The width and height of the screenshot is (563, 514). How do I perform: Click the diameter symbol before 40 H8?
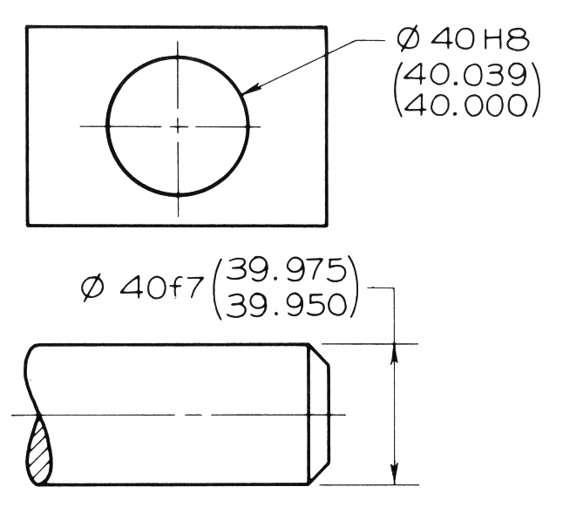coord(407,40)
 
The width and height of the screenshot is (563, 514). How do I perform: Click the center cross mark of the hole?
coord(178,126)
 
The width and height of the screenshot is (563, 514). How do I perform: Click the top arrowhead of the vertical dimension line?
coord(397,349)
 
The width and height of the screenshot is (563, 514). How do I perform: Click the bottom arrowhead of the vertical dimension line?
coord(397,477)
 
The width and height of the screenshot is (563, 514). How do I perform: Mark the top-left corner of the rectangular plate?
coord(27,27)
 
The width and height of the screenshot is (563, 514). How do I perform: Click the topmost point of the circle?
coord(178,57)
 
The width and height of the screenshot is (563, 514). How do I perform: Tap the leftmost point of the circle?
coord(107,126)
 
